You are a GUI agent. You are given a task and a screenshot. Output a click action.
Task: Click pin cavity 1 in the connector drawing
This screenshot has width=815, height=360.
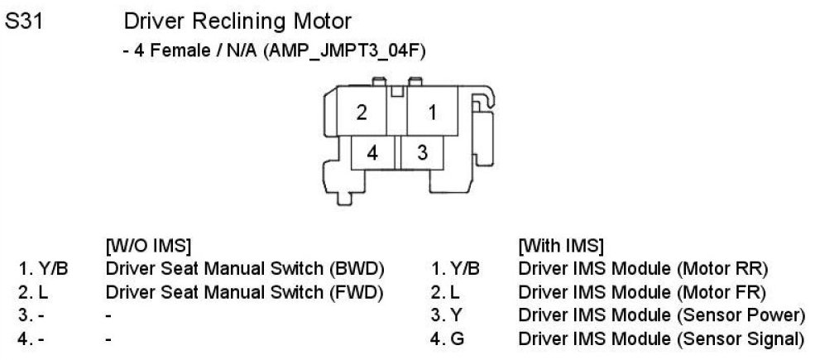431,113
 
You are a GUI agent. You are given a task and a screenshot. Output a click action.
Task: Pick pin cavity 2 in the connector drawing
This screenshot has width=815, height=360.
362,113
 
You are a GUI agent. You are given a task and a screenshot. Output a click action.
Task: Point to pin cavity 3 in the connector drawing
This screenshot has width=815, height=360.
422,152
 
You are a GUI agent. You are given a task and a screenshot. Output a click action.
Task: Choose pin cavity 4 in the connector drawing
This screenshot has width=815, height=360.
373,152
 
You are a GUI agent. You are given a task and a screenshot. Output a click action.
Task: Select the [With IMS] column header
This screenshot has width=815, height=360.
560,246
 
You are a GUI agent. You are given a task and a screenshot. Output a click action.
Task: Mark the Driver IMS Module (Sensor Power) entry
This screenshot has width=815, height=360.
661,315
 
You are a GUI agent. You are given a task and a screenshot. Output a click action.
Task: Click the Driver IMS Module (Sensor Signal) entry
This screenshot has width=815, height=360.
661,338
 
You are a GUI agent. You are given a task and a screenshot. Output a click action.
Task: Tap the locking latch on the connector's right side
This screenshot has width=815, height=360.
483,124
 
